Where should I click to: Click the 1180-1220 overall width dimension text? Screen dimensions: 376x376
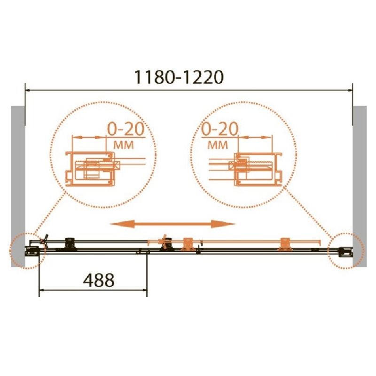pyautogui.click(x=179, y=77)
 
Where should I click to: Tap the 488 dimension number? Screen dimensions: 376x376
pyautogui.click(x=99, y=280)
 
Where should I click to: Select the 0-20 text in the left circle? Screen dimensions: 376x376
pyautogui.click(x=125, y=129)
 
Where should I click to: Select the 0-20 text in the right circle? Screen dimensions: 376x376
pyautogui.click(x=220, y=129)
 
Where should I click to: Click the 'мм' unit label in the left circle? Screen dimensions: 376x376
pyautogui.click(x=124, y=145)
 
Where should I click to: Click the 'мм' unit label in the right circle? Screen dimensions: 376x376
pyautogui.click(x=218, y=145)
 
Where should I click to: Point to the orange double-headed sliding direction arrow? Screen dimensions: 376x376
pyautogui.click(x=172, y=224)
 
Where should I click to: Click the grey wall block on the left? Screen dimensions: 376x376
pyautogui.click(x=18, y=186)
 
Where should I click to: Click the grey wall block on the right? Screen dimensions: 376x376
pyautogui.click(x=360, y=186)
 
